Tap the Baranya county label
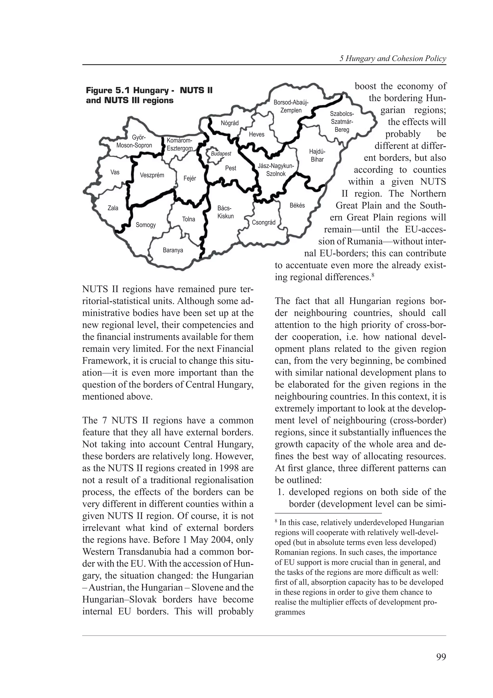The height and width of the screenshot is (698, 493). click(173, 250)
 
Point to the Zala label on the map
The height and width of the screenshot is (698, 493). click(113, 208)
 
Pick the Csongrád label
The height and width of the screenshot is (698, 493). click(263, 223)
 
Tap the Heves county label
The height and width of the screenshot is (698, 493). click(256, 134)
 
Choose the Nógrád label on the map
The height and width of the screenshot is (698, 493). click(230, 123)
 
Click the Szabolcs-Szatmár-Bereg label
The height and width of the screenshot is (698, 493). click(342, 122)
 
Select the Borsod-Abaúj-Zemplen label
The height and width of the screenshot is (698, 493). click(291, 106)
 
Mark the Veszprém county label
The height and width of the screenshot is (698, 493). click(152, 175)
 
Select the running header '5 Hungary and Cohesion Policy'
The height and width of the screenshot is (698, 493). click(393, 59)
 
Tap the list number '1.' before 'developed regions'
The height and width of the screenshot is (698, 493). click(281, 492)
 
